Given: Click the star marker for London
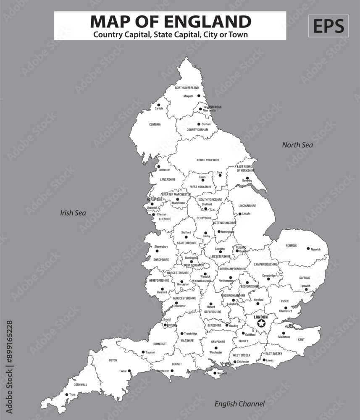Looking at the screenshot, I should click(261, 323).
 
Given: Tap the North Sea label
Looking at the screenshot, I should click(297, 145).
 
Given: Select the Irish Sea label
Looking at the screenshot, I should click(73, 213).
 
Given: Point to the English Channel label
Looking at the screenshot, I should click(239, 404).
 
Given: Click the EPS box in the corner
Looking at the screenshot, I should click(328, 26).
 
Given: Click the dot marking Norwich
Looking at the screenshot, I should click(308, 249).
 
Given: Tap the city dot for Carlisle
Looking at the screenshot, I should click(159, 105).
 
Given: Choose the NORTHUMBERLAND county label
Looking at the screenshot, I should click(187, 88).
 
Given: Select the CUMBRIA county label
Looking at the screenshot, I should click(155, 124).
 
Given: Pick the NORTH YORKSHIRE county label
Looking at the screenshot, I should click(208, 160).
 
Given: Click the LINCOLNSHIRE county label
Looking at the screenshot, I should click(247, 206).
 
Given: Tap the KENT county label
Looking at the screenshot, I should click(301, 339).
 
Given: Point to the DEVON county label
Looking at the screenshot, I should click(113, 360).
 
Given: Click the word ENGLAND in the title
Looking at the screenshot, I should click(210, 21).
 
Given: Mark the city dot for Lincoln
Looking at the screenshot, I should click(239, 214).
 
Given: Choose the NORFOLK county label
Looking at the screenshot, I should click(291, 245).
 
